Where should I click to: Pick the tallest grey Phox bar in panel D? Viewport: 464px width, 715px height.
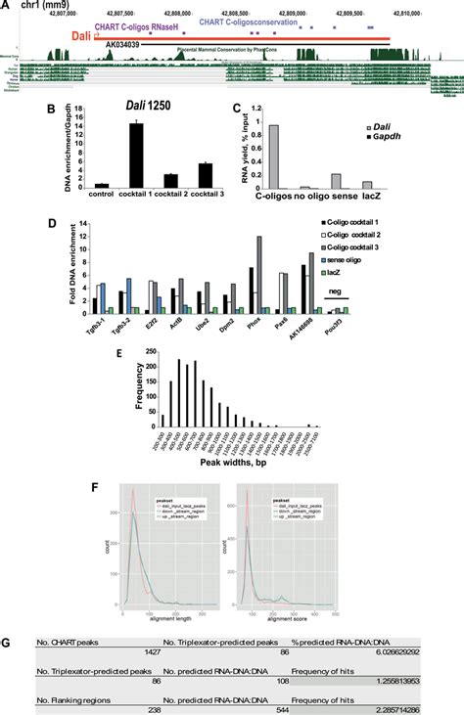coord(259,273)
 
